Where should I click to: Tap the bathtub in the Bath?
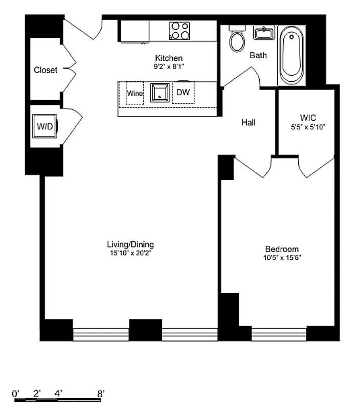point(291,56)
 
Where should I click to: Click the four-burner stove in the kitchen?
point(179,30)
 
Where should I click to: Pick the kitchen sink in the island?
point(160,93)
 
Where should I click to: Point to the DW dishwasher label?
point(183,93)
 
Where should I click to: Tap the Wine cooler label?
point(135,94)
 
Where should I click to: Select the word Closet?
point(46,70)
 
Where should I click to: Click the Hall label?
point(249,122)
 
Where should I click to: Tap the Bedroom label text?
point(279,249)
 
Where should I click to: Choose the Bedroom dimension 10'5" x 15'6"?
point(279,258)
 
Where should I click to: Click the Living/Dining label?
point(130,244)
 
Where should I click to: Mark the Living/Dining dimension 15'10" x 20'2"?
point(130,253)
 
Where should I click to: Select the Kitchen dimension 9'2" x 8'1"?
point(169,66)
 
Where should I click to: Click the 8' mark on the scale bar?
point(101,394)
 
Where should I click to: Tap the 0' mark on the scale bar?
point(16,394)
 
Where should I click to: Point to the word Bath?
point(258,55)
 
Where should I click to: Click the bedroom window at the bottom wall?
point(279,334)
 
